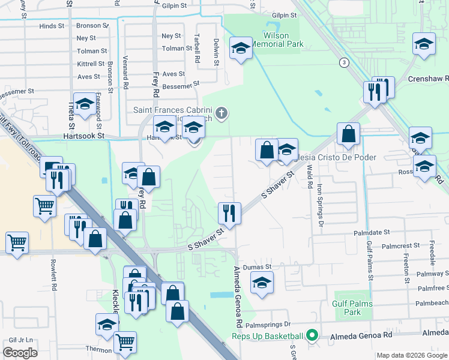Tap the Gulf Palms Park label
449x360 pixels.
(352, 308)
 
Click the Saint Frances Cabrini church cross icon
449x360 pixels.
(222, 112)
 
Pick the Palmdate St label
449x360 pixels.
(372, 231)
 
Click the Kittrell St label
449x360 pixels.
(91, 64)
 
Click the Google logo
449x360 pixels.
(20, 353)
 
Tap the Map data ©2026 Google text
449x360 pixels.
(412, 355)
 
